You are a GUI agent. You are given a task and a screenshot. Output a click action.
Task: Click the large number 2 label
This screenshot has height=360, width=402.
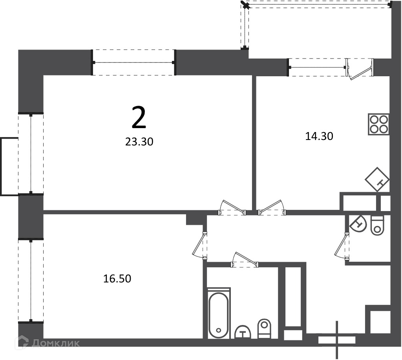(139, 118)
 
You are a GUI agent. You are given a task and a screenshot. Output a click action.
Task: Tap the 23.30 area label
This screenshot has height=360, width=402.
(139, 141)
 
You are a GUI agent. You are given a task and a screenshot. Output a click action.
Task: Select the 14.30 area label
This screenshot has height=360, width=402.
(319, 136)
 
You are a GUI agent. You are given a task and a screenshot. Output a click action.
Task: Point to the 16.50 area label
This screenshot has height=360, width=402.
(117, 278)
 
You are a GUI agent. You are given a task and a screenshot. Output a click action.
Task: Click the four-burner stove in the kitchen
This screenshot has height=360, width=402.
(378, 124)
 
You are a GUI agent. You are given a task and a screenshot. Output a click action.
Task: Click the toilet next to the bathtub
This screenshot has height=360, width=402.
(264, 329)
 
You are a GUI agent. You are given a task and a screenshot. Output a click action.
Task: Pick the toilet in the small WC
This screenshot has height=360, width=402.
(377, 226)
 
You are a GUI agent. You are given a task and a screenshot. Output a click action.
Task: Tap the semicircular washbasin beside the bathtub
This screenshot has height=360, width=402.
(243, 332)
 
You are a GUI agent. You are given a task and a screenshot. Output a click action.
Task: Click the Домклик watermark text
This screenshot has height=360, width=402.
(56, 343)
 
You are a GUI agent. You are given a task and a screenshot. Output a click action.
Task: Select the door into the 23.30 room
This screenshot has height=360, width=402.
(232, 208)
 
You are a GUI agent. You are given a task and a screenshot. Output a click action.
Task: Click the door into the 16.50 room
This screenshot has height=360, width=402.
(200, 245)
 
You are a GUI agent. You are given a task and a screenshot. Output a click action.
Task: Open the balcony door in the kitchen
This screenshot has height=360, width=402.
(360, 69)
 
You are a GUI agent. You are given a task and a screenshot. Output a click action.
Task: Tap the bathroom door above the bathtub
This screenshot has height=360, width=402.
(245, 260)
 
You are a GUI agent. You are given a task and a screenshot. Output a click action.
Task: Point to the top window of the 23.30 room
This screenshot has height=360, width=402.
(133, 62)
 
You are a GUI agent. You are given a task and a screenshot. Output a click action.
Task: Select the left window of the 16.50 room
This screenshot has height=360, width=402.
(31, 281)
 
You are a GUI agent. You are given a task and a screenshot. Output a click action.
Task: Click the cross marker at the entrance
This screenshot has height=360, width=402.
(337, 340)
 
